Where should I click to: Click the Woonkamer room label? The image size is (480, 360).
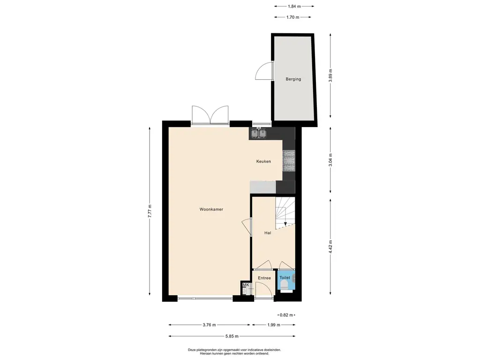coord(211,210)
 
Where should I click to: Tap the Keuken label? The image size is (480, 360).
coord(263,161)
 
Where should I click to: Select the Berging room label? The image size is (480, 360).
coord(293,79)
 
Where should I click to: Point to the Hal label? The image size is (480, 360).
coord(268,233)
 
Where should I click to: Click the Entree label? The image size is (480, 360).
coord(264,278)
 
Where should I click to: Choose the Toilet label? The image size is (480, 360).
coord(285,277)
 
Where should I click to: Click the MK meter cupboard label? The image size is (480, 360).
coord(246,285)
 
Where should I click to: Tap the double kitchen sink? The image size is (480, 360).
coord(259,134)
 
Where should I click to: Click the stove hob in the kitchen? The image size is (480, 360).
coord(289,161)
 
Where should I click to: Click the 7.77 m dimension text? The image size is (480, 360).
coord(150,211)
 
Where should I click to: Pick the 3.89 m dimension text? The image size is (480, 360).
coord(330,75)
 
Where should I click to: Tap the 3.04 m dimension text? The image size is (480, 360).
coord(330,160)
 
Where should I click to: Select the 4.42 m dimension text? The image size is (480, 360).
coord(330,247)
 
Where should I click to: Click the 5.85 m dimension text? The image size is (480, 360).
coord(232,336)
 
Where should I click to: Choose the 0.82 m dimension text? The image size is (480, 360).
coord(286,315)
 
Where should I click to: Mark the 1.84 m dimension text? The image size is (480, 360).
coord(294,6)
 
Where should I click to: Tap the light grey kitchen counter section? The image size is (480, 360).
coord(263,187)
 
